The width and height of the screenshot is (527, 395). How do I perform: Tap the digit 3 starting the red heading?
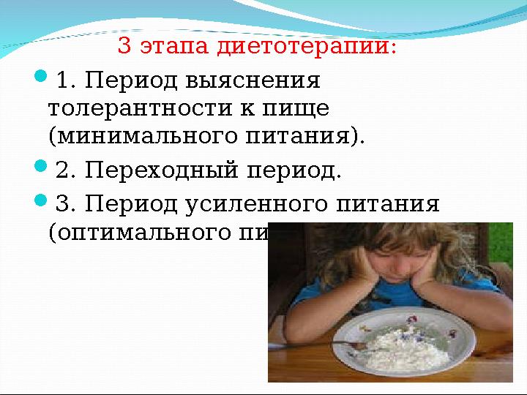(124, 47)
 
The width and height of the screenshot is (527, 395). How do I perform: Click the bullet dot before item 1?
(41, 76)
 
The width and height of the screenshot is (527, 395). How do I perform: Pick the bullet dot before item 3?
(41, 200)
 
